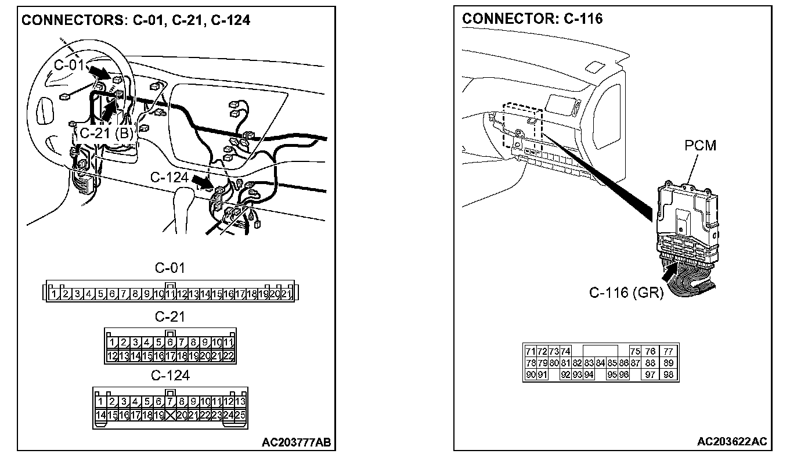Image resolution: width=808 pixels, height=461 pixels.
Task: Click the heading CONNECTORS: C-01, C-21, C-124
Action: click(x=135, y=20)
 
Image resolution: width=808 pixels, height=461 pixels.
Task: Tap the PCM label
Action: click(x=700, y=145)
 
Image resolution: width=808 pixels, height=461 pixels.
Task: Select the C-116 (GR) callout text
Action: click(x=626, y=293)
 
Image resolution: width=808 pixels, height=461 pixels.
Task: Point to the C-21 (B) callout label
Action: click(x=106, y=133)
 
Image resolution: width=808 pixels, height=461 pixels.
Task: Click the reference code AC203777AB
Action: click(x=297, y=442)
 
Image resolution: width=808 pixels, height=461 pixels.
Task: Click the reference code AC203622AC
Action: click(x=732, y=442)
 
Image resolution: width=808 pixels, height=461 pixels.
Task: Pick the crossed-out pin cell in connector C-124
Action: click(x=170, y=415)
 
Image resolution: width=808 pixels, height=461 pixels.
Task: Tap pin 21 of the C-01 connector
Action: click(x=286, y=294)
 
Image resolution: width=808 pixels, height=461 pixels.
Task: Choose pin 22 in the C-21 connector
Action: click(x=228, y=355)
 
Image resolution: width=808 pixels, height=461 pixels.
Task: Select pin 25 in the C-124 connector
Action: click(x=240, y=415)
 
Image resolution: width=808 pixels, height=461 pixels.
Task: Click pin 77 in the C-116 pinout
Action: click(x=668, y=351)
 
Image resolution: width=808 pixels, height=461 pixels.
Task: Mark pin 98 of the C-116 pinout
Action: click(x=668, y=375)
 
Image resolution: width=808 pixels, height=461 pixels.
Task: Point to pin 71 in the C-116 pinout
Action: click(x=530, y=351)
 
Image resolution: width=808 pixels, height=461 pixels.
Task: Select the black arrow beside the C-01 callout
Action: click(x=100, y=73)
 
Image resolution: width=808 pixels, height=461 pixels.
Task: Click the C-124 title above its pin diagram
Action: click(x=170, y=376)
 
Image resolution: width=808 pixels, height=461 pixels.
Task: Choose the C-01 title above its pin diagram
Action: click(x=169, y=268)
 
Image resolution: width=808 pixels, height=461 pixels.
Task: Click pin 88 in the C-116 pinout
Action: click(x=650, y=363)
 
